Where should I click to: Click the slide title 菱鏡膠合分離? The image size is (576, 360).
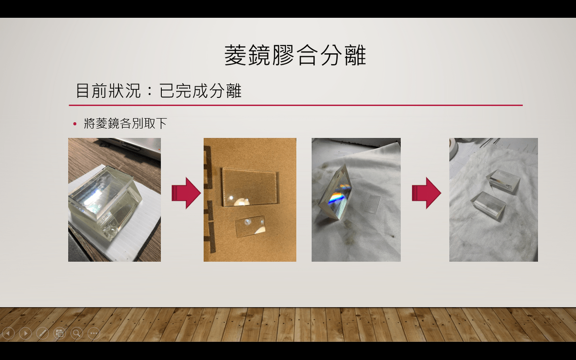(x=295, y=55)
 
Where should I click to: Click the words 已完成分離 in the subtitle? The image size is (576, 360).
(x=200, y=91)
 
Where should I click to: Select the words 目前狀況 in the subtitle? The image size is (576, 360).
(x=108, y=91)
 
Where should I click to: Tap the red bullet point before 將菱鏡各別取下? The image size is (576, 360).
(x=75, y=124)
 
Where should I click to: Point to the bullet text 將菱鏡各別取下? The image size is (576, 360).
(x=125, y=123)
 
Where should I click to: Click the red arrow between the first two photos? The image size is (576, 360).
(x=186, y=193)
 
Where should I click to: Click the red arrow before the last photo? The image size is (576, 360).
(x=426, y=193)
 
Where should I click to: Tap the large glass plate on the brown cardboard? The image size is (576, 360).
(x=250, y=187)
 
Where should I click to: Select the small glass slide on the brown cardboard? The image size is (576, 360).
(x=251, y=226)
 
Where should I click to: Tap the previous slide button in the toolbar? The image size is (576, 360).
(x=8, y=334)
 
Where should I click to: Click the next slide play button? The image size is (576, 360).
(x=25, y=334)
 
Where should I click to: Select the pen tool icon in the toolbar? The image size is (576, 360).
(x=42, y=334)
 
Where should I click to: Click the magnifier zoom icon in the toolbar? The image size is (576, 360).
(x=77, y=334)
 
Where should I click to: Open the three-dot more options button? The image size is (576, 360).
(x=94, y=334)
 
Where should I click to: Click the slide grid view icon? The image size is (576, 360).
(x=60, y=334)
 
